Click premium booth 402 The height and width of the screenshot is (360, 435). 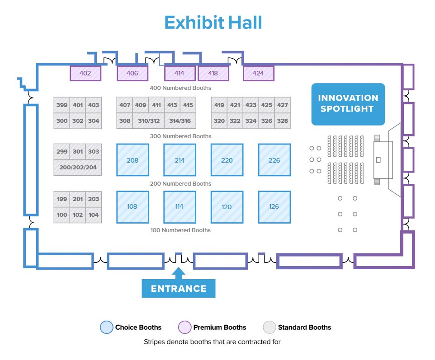pyautogui.click(x=85, y=73)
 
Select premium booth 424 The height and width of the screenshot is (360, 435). pyautogui.click(x=258, y=73)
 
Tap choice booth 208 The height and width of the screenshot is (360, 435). pyautogui.click(x=132, y=160)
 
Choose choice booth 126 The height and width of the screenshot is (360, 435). pyautogui.click(x=274, y=207)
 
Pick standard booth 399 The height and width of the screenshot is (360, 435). pyautogui.click(x=62, y=105)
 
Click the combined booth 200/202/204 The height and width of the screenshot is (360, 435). pyautogui.click(x=78, y=167)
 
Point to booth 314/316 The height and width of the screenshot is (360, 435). pyautogui.click(x=180, y=121)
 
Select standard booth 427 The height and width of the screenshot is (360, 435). pyautogui.click(x=283, y=105)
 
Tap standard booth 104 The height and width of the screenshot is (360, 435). pyautogui.click(x=94, y=215)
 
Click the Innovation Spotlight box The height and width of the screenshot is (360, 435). pyautogui.click(x=348, y=104)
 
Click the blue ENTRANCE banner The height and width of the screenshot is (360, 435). pyautogui.click(x=179, y=289)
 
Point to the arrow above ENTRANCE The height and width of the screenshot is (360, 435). pyautogui.click(x=179, y=272)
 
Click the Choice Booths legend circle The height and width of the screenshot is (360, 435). pyautogui.click(x=106, y=327)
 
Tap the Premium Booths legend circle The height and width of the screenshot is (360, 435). pyautogui.click(x=185, y=327)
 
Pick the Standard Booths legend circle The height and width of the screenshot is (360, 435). pyautogui.click(x=269, y=327)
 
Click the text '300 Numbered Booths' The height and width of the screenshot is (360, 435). pyautogui.click(x=180, y=136)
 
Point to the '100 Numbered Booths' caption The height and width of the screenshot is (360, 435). pyautogui.click(x=180, y=230)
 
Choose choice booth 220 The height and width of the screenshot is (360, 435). pyautogui.click(x=227, y=160)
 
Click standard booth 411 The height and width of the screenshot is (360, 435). pyautogui.click(x=156, y=105)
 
